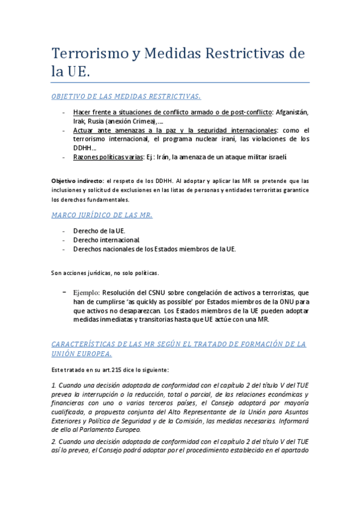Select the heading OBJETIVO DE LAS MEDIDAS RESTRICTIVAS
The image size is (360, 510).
(x=126, y=96)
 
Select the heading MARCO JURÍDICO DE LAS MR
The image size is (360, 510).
(x=102, y=214)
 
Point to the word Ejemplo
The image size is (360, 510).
(x=87, y=292)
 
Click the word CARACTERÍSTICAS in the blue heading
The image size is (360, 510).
(x=88, y=344)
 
